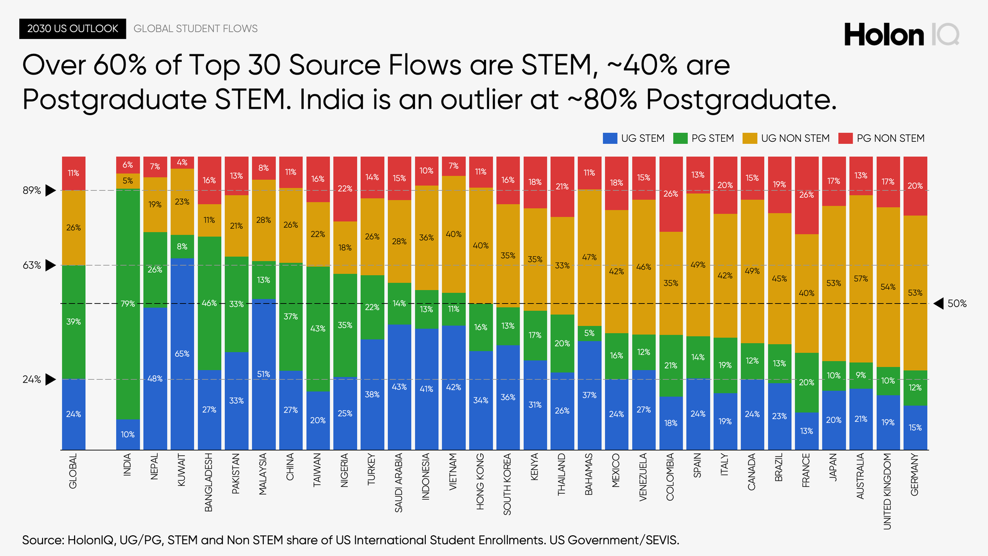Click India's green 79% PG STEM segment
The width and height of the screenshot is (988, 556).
(128, 304)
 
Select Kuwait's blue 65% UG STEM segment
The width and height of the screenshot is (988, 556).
(182, 354)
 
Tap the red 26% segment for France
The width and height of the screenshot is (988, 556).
(806, 195)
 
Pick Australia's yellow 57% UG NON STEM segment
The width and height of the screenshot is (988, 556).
(861, 279)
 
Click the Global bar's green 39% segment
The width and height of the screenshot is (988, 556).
(74, 322)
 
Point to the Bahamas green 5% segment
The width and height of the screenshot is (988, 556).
(589, 333)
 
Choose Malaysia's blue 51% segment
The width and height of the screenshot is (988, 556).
(263, 374)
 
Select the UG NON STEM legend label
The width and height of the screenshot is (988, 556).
(795, 138)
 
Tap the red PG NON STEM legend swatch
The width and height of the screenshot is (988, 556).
(846, 138)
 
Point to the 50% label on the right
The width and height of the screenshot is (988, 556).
(956, 304)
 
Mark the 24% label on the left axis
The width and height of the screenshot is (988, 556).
(32, 380)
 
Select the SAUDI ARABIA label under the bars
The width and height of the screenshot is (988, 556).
(399, 483)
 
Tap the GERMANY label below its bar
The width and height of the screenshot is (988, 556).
(915, 474)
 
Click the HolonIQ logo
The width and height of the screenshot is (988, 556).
(901, 35)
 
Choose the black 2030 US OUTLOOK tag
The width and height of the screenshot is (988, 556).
(73, 29)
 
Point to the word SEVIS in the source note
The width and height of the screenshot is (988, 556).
(660, 540)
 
